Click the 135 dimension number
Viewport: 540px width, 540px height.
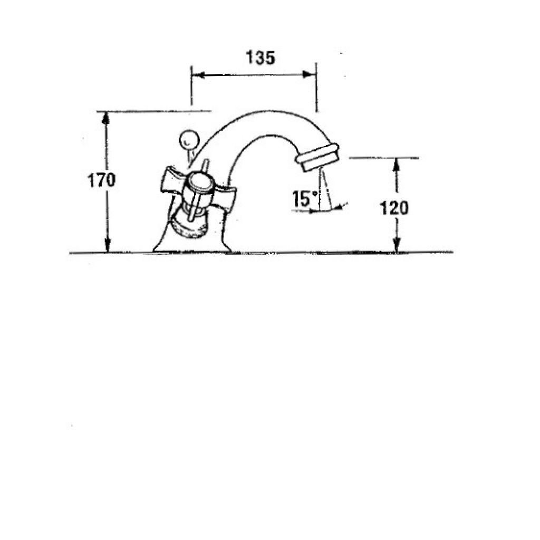click(x=261, y=57)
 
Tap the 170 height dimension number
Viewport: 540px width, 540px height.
click(x=102, y=180)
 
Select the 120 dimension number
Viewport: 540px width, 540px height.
click(x=394, y=208)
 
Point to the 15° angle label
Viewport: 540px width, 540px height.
click(x=305, y=199)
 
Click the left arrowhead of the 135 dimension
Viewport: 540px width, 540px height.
click(x=198, y=75)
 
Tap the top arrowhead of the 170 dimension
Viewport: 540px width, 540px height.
click(x=105, y=118)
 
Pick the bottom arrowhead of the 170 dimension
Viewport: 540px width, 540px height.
click(x=108, y=246)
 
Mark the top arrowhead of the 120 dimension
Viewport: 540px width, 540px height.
click(x=397, y=165)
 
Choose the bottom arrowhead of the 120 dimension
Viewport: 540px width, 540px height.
click(x=397, y=246)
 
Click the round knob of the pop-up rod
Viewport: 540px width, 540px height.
click(x=189, y=140)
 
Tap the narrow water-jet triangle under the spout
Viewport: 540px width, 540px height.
click(x=325, y=189)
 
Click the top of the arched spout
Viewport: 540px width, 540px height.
click(x=272, y=112)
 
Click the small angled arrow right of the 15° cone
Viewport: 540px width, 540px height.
click(x=341, y=206)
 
